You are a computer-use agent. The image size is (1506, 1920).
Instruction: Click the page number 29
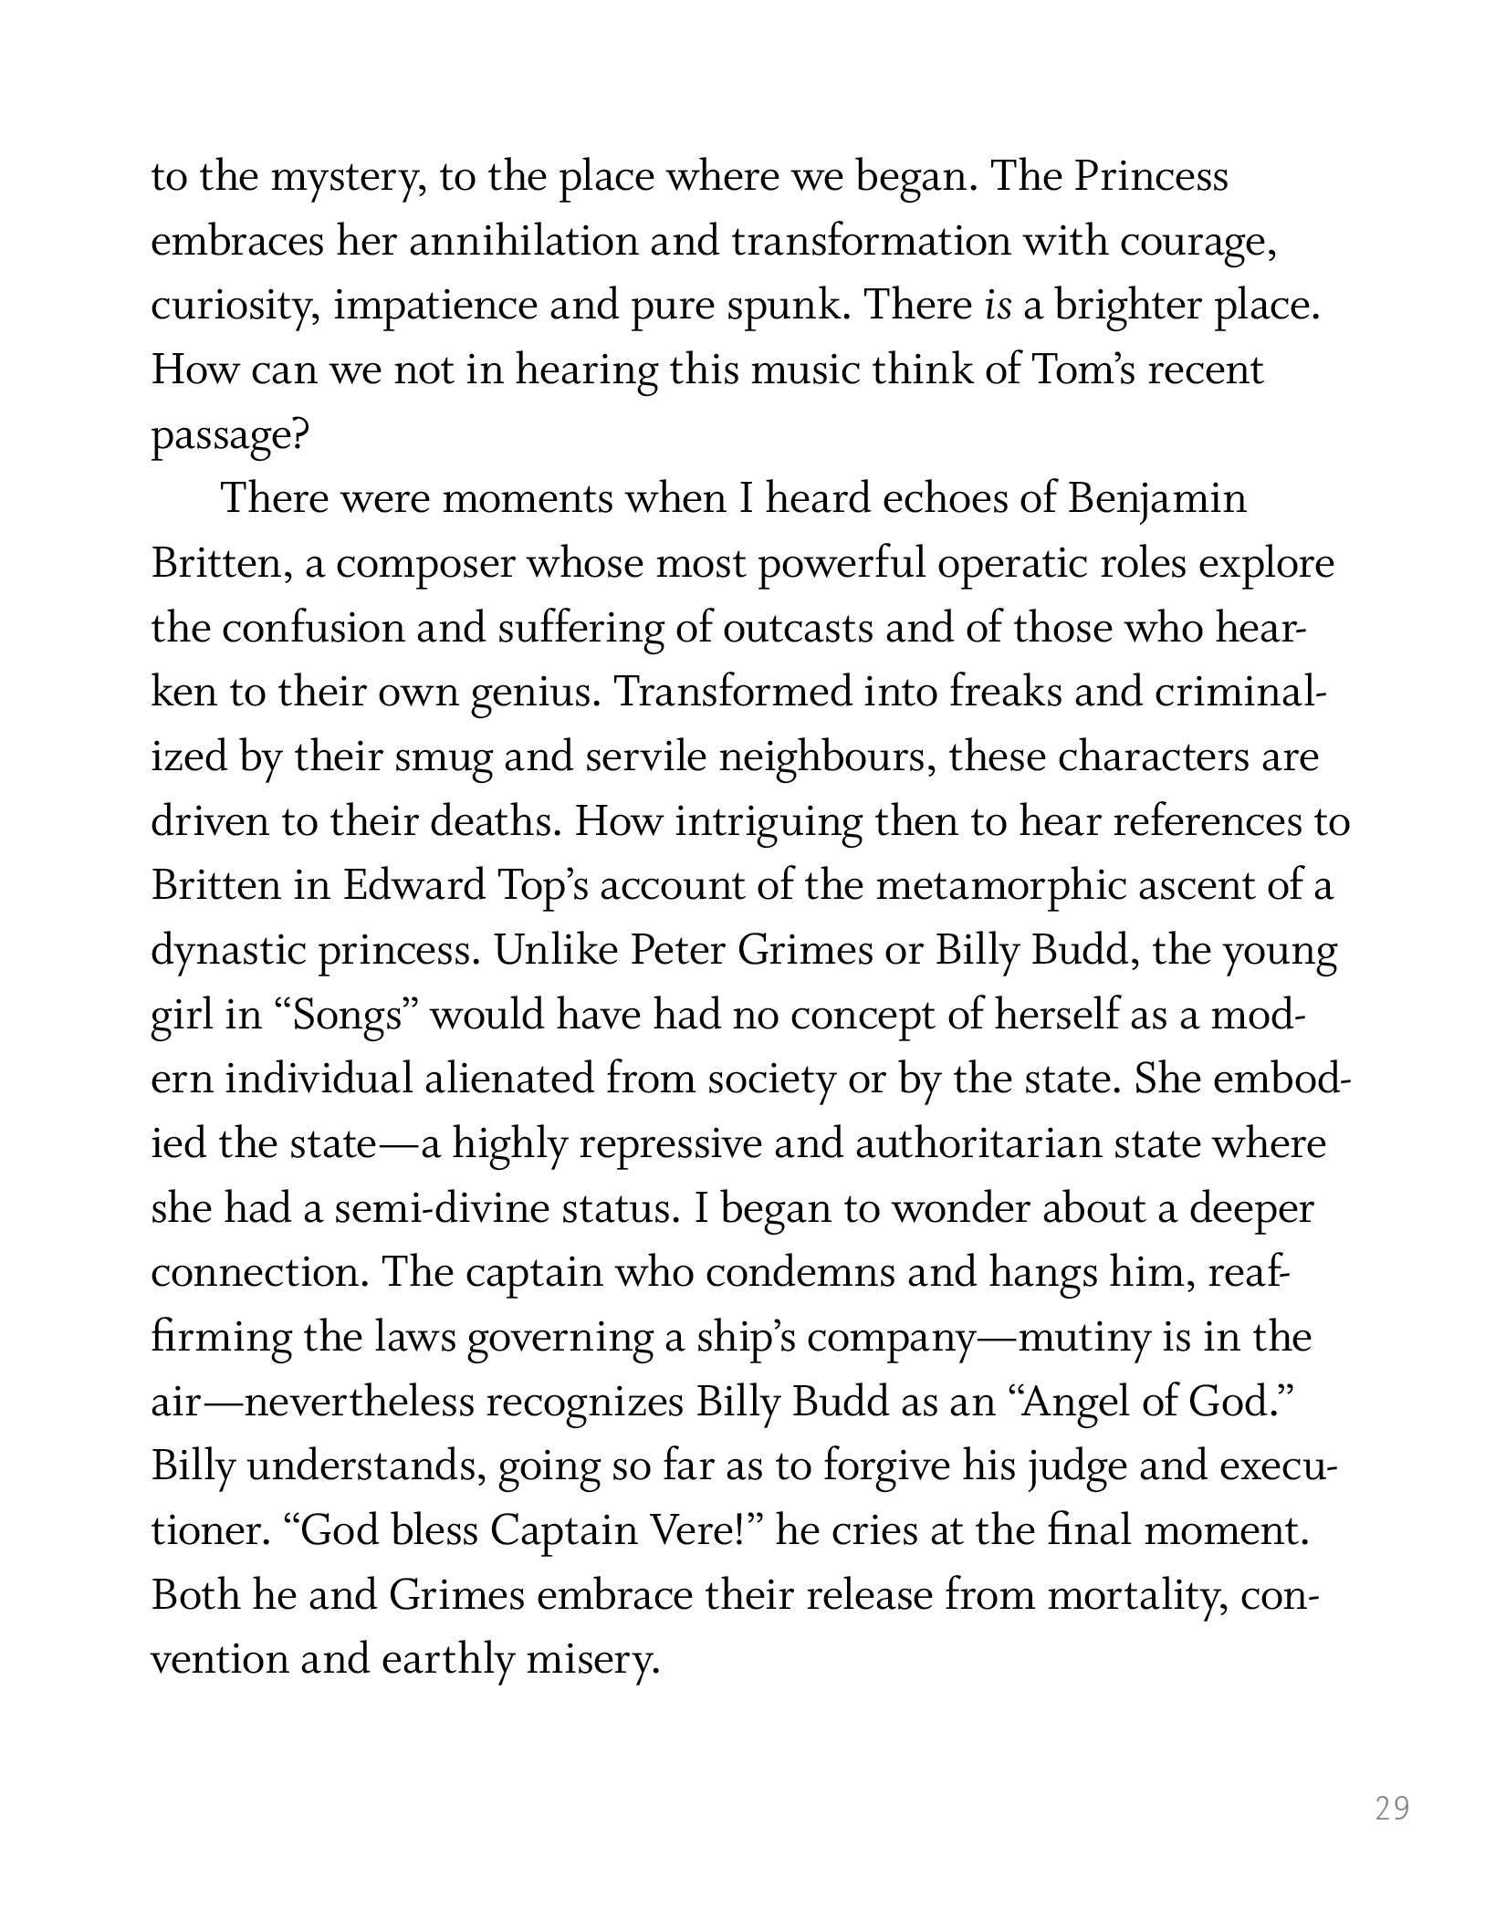[x=1392, y=1808]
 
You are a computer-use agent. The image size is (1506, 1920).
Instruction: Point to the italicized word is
[x=999, y=307]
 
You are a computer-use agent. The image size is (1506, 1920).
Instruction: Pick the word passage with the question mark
[x=229, y=436]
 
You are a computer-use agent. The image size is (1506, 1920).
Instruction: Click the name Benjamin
[x=1156, y=500]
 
